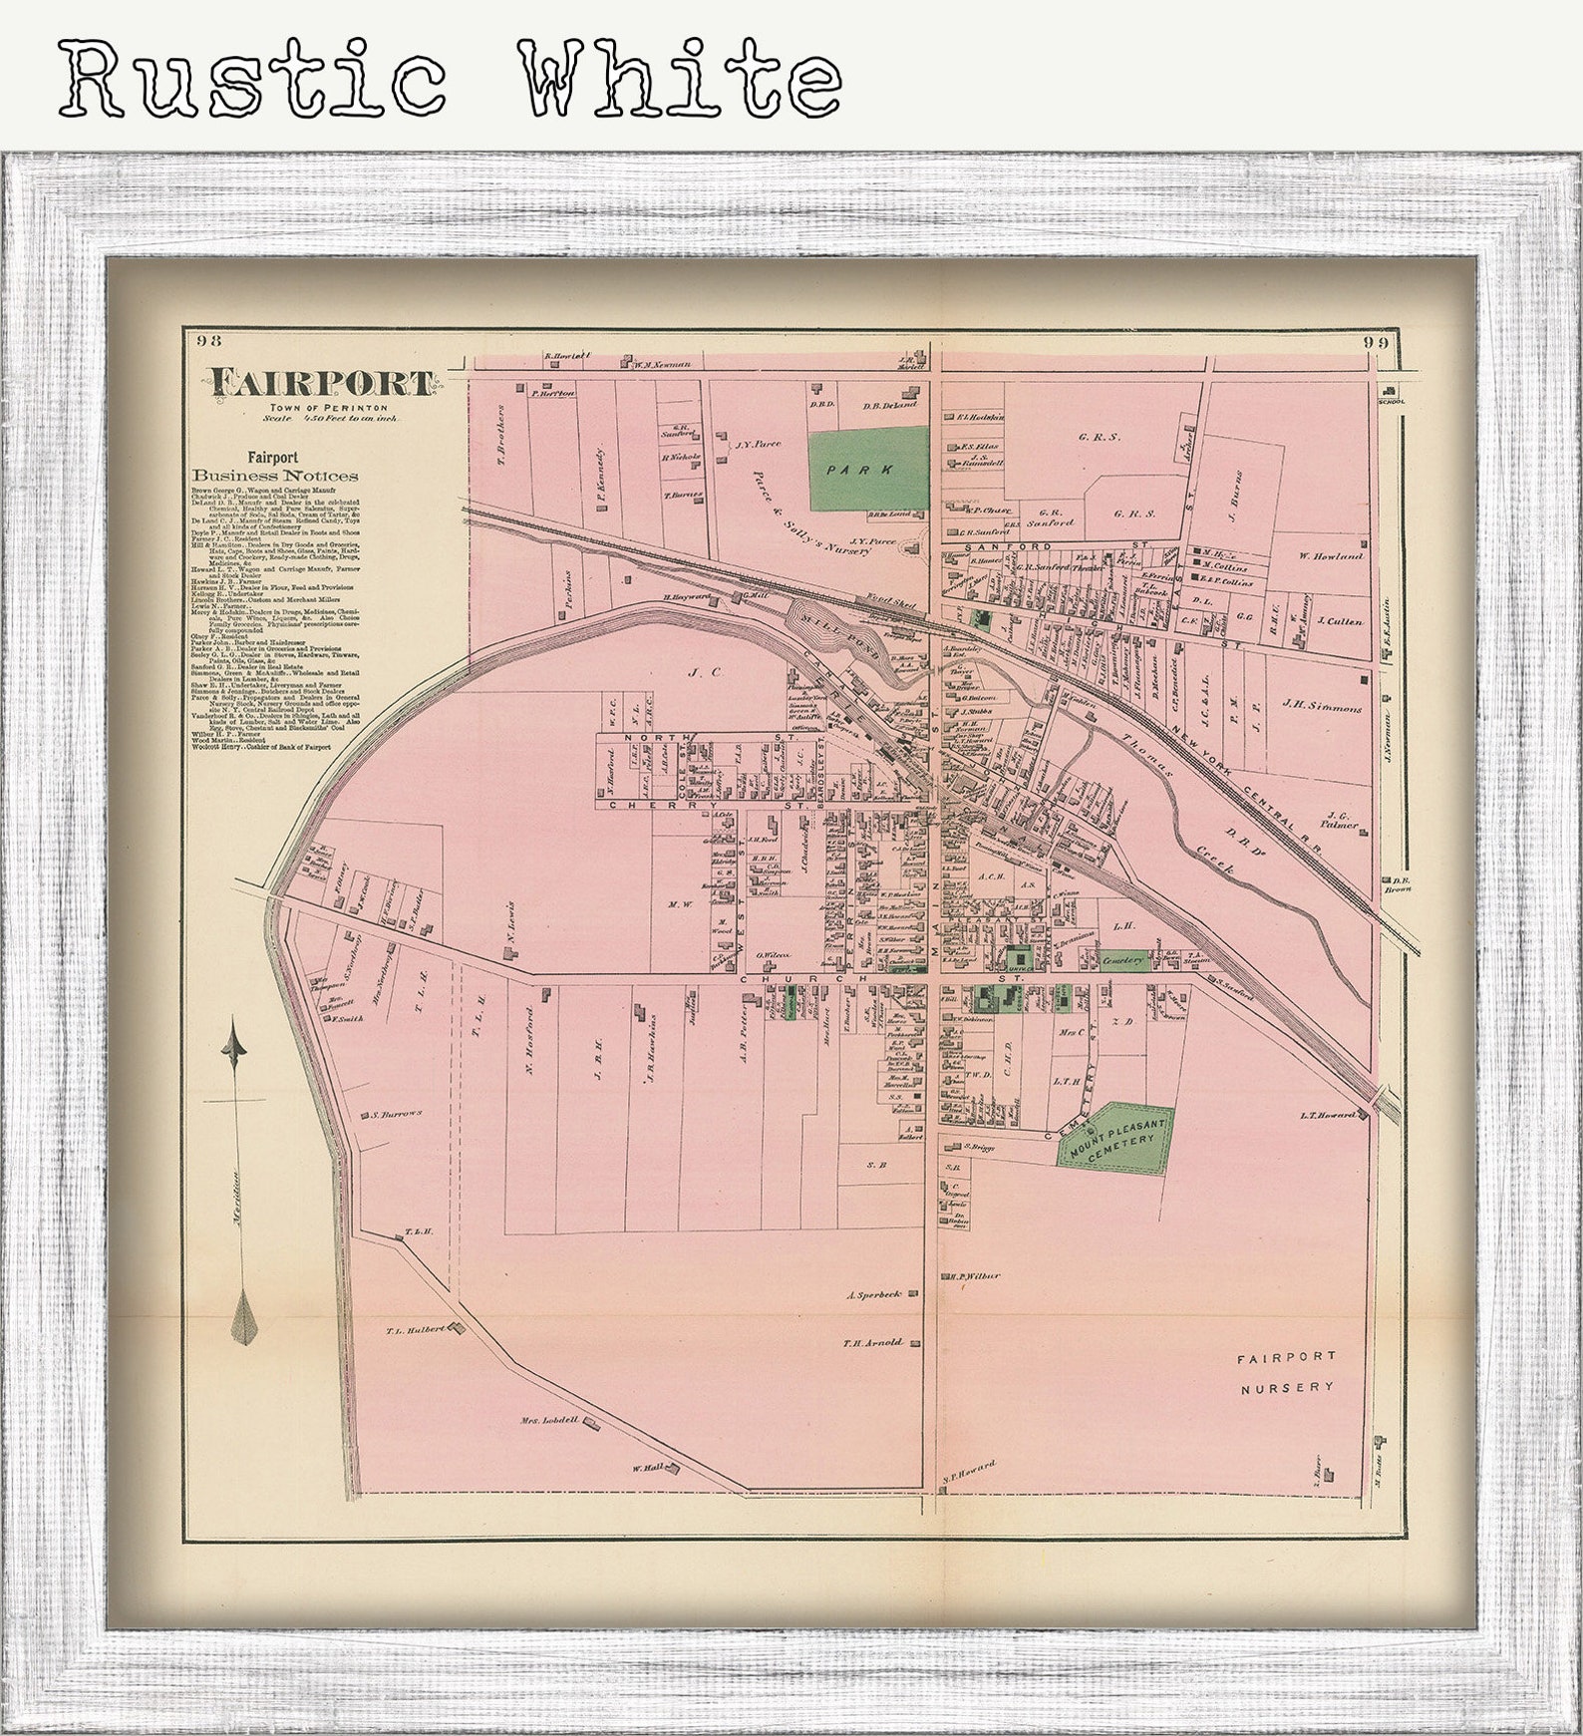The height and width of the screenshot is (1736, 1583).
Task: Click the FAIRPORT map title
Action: [320, 383]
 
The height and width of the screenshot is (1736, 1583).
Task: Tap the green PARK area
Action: [866, 468]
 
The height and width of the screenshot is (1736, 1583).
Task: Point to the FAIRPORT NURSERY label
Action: [1285, 1372]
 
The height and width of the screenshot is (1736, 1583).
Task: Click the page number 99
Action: [1377, 342]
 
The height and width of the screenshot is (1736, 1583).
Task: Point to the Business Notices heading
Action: [275, 476]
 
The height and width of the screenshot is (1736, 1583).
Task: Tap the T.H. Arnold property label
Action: [872, 1343]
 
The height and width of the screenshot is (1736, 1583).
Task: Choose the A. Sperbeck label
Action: [874, 1294]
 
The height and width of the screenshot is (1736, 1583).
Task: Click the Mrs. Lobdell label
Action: [549, 1420]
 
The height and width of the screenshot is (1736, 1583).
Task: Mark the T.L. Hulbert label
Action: [415, 1330]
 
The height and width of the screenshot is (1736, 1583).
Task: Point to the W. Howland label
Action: [1330, 555]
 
